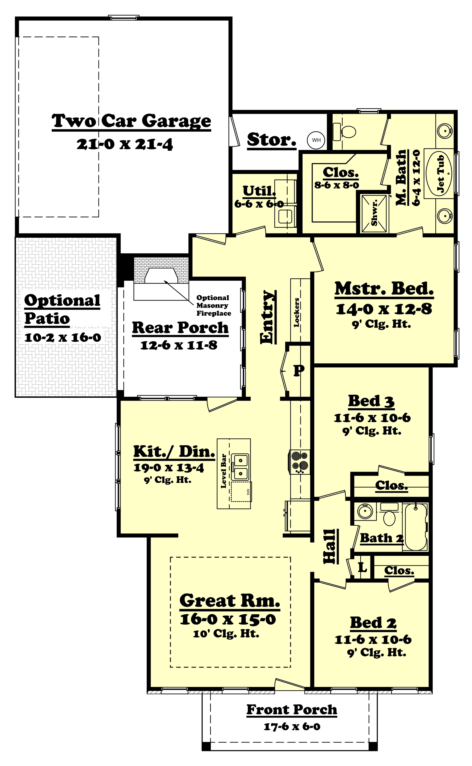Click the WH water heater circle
[316, 140]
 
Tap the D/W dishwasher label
[248, 492]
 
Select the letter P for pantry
[299, 371]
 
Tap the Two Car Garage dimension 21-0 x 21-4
[125, 145]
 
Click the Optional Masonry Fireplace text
[214, 305]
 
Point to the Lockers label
[296, 312]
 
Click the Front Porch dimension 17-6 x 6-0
[292, 727]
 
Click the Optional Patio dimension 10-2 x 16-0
[63, 337]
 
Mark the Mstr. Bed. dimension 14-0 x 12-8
[384, 309]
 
